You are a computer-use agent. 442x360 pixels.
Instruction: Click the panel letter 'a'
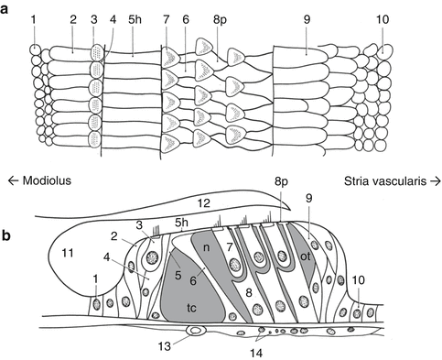[4, 9]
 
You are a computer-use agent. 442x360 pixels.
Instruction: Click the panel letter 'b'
[5, 235]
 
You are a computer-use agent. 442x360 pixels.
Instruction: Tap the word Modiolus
[47, 180]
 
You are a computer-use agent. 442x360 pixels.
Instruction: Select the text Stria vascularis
[385, 181]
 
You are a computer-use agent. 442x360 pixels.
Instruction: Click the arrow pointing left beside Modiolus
[13, 180]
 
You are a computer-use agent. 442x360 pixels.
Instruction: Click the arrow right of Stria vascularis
[435, 181]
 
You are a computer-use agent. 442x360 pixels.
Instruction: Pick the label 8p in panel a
[219, 21]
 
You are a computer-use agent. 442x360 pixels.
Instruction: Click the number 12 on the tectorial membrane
[203, 203]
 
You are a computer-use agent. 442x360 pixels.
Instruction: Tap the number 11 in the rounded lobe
[68, 253]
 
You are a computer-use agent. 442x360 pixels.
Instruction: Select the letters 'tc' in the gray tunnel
[191, 308]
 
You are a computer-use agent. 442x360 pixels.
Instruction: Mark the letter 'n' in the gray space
[207, 247]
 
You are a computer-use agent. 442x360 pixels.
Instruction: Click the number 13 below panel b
[164, 346]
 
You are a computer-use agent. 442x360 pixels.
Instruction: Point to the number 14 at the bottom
[256, 354]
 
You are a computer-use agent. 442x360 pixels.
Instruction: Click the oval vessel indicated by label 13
[196, 330]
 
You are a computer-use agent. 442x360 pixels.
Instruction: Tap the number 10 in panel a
[383, 19]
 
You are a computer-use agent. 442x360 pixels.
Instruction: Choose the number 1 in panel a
[34, 19]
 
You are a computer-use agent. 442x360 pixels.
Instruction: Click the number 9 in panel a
[307, 19]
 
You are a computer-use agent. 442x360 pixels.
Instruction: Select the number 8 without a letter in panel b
[249, 293]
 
